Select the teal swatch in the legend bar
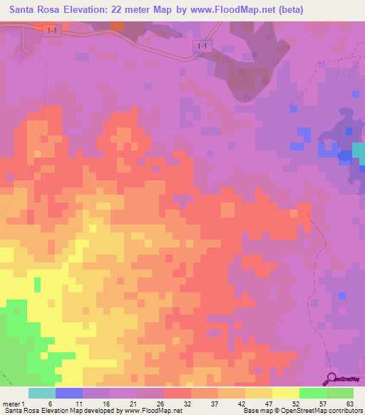(42, 393)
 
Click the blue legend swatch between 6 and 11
(69, 393)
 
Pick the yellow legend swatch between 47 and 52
(286, 393)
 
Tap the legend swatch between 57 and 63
(340, 393)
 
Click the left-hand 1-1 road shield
(50, 30)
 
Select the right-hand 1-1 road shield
(202, 46)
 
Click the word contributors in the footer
(344, 411)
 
